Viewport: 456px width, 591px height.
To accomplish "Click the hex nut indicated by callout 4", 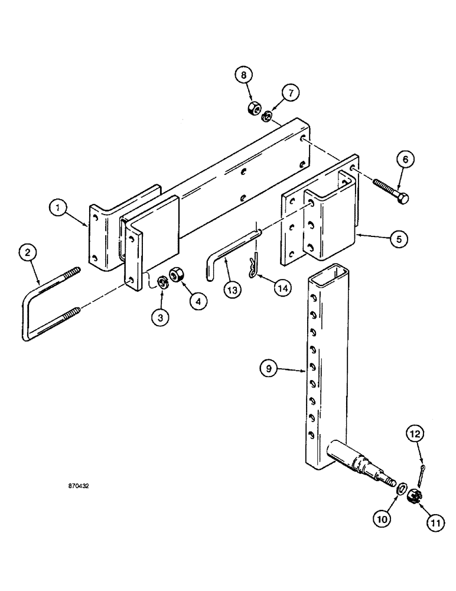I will tap(175, 275).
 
